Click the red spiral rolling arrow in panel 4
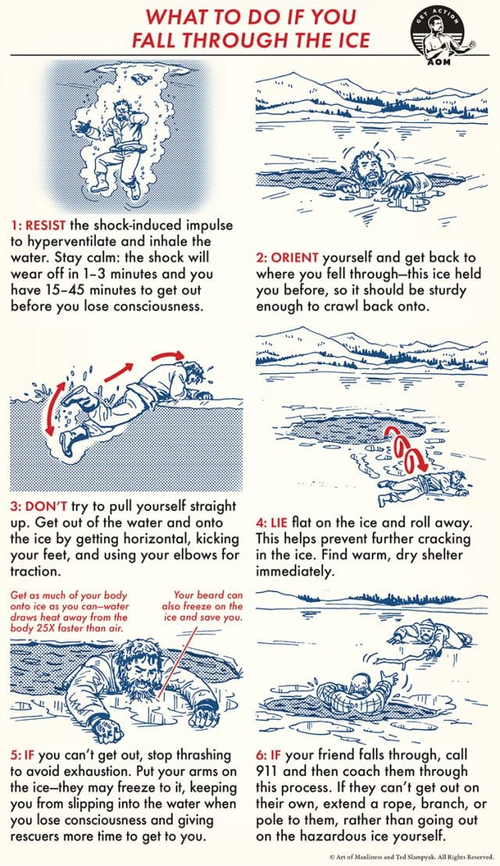coord(402,453)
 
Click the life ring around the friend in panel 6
coord(366,702)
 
